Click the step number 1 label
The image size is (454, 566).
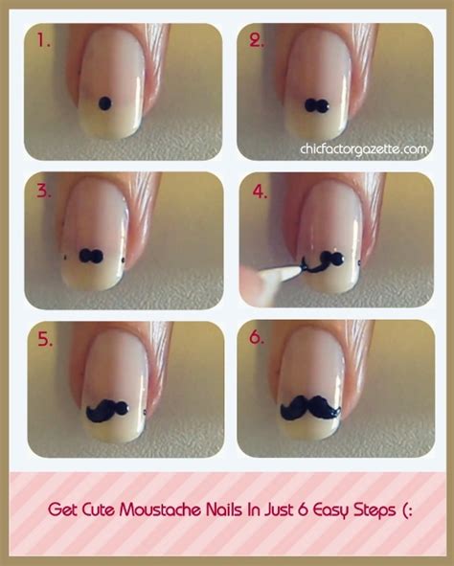point(44,40)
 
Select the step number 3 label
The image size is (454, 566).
point(44,190)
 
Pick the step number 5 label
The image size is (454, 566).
point(44,338)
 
